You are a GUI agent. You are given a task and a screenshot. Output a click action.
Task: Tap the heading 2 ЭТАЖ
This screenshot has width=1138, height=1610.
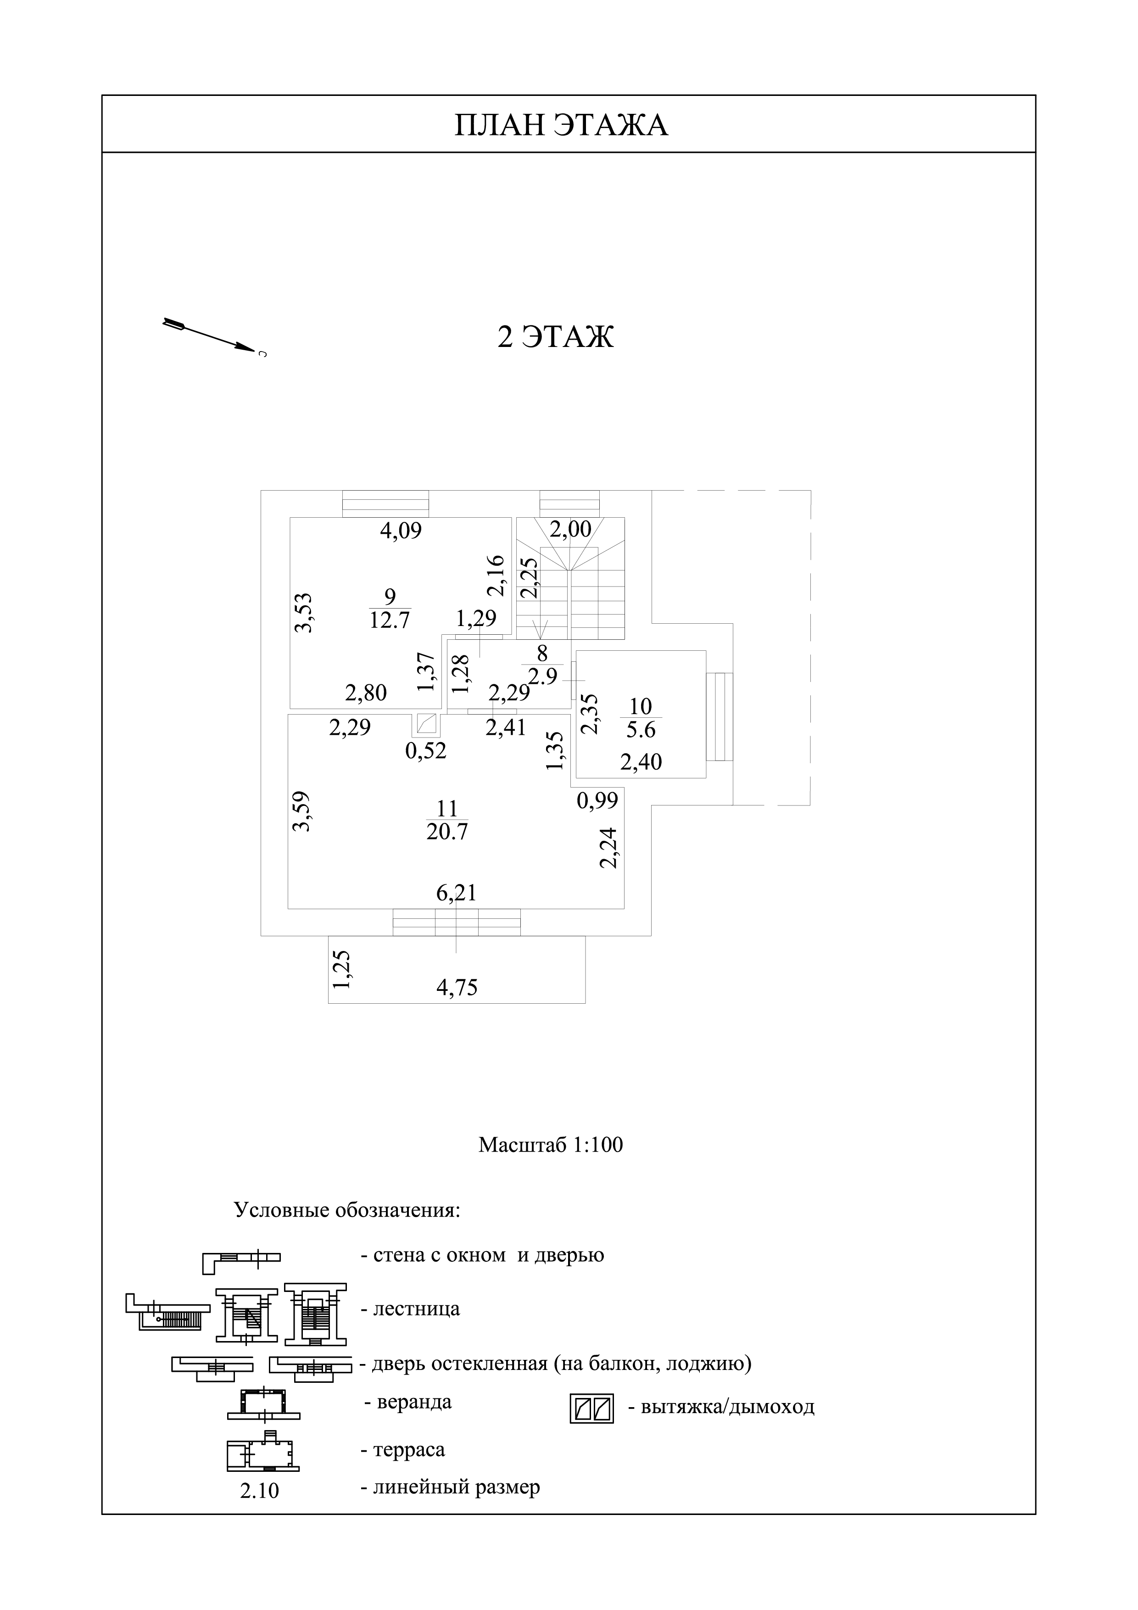pos(555,337)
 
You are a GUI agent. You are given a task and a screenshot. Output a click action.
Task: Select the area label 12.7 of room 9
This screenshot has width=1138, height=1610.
pos(390,620)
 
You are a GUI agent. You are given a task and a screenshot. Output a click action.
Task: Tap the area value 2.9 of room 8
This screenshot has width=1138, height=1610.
pos(542,676)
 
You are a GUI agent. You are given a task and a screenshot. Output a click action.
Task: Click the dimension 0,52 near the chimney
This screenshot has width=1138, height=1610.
pos(426,751)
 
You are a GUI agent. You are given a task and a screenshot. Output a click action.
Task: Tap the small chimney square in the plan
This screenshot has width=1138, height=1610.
pos(426,724)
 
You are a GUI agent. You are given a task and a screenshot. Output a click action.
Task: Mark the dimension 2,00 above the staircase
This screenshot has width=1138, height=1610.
pos(571,529)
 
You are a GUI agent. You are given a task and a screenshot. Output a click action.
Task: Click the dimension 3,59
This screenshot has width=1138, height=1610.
pos(301,811)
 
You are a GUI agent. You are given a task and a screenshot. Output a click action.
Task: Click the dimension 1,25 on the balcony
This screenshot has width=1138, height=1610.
pos(341,970)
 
